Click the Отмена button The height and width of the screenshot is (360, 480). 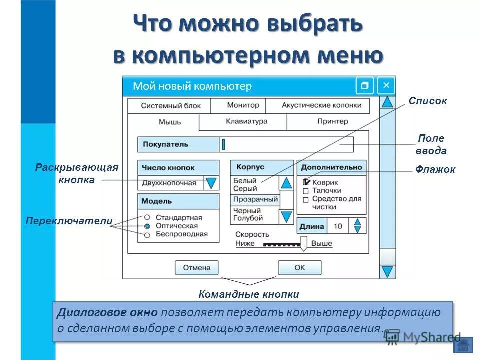pos(197,267)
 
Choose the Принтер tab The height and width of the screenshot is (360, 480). pos(332,121)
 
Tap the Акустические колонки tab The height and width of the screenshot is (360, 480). pos(321,106)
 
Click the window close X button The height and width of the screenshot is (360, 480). pos(386,85)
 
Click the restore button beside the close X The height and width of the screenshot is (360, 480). pos(364,85)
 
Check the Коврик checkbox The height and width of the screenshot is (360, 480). pos(306,182)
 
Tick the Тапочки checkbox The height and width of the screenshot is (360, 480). pos(306,191)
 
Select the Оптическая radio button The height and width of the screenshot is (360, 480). pos(147,226)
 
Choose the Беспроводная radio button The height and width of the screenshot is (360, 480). pos(147,234)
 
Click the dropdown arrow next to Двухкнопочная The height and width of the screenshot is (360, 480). pos(212,183)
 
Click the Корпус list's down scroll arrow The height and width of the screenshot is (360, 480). pos(286,216)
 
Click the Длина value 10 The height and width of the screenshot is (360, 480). pos(338,226)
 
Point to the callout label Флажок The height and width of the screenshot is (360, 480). pos(435,170)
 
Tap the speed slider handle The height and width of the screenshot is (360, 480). pos(304,243)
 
